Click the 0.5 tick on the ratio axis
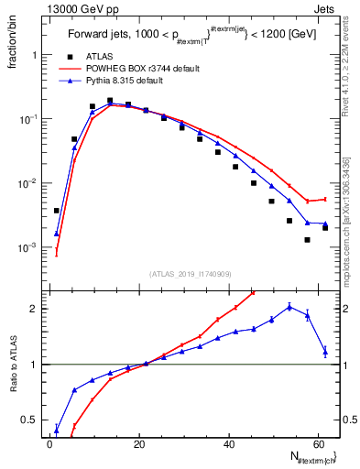point(32,420)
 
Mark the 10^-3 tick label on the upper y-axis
point(31,248)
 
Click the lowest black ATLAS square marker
point(308,240)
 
